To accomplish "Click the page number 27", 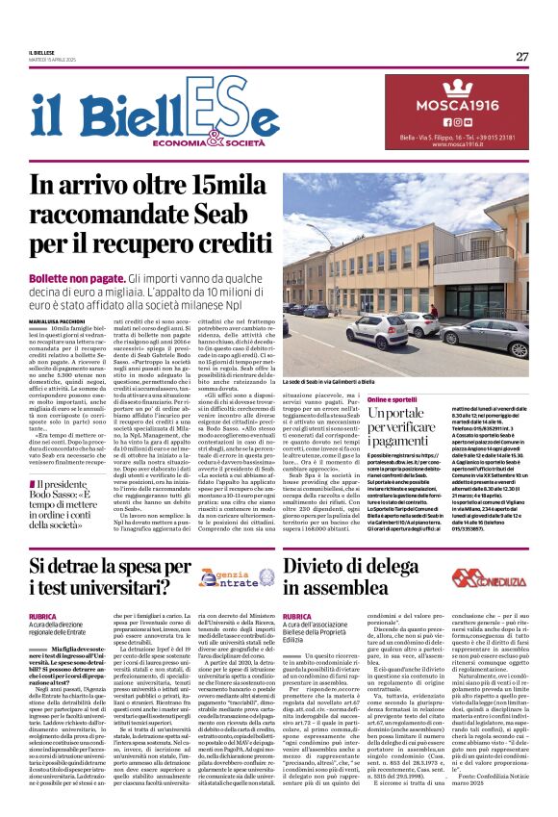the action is click(521, 56).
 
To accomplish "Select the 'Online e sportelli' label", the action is click(392, 399).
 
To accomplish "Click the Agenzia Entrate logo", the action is click(224, 579).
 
